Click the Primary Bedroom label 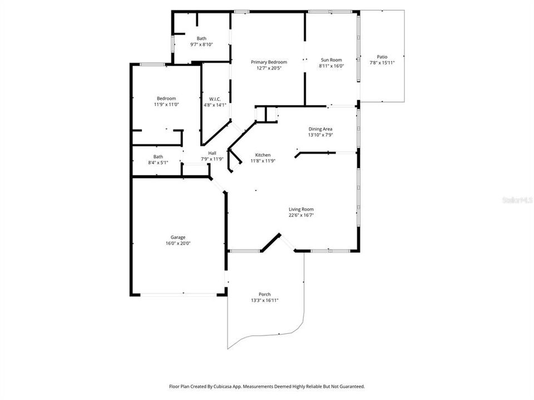tap(269, 62)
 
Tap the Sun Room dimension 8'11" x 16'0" tap(331, 66)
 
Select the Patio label tap(382, 57)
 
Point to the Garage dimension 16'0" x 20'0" tap(178, 243)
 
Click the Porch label tap(265, 294)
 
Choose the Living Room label tap(301, 209)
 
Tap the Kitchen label tap(263, 155)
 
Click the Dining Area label tap(320, 129)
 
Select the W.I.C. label tap(215, 98)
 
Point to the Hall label tap(212, 153)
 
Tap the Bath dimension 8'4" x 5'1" tap(159, 162)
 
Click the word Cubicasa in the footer tap(223, 386)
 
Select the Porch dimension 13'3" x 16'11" tap(265, 301)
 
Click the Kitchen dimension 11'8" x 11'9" tap(263, 161)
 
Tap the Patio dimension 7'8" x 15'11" tap(382, 63)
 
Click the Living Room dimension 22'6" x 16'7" tap(301, 215)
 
